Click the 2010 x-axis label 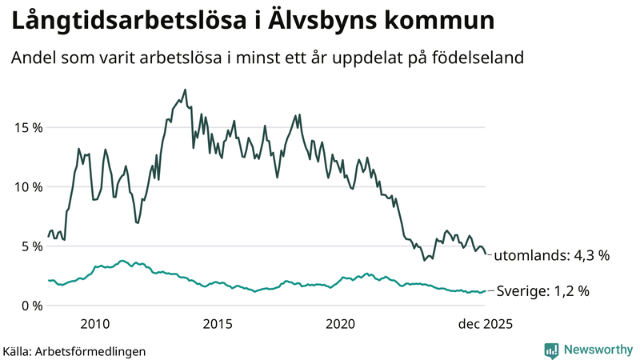[x=95, y=324]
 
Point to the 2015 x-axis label [x=218, y=324]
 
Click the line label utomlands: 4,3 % [x=551, y=256]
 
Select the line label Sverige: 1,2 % [x=543, y=291]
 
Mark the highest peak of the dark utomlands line [x=185, y=90]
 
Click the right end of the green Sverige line [x=486, y=291]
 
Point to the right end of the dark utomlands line [x=486, y=254]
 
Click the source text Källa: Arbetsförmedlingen [x=74, y=350]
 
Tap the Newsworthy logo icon [x=551, y=350]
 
